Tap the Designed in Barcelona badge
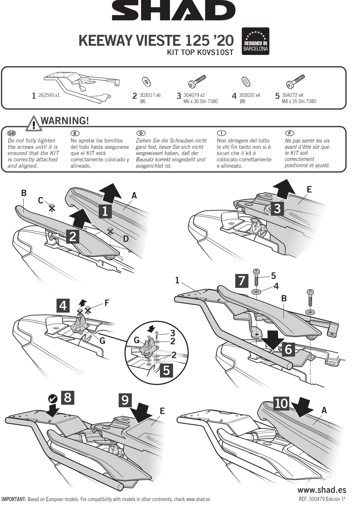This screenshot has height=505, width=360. click(x=255, y=41)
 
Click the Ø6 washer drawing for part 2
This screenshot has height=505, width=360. click(x=146, y=81)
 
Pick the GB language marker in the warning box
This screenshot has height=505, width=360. click(x=12, y=133)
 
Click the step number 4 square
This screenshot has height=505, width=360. click(x=63, y=306)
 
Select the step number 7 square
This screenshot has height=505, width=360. click(x=242, y=281)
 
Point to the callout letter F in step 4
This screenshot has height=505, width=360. click(x=107, y=303)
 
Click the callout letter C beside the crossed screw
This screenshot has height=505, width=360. click(x=41, y=200)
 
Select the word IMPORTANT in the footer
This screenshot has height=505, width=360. click(x=14, y=499)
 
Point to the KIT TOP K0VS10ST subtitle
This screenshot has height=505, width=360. click(x=200, y=52)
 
